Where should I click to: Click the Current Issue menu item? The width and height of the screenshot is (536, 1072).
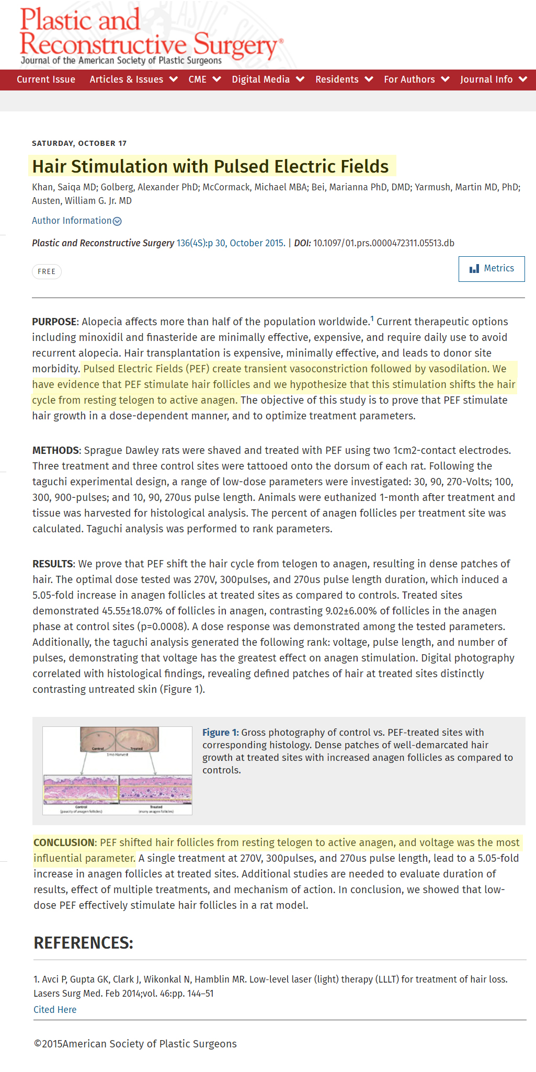tap(46, 79)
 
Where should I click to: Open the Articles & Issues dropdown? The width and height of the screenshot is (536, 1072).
tap(133, 79)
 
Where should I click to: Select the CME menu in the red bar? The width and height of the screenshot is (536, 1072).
tap(204, 79)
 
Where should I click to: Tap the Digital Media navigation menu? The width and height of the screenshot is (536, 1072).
tap(268, 79)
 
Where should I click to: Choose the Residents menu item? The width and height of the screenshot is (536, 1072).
tap(344, 79)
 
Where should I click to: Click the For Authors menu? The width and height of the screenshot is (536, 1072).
tap(416, 79)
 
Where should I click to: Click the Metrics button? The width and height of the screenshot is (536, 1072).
tap(492, 269)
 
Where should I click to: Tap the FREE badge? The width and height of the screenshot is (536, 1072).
tap(47, 272)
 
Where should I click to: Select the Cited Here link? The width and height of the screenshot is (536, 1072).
tap(55, 1010)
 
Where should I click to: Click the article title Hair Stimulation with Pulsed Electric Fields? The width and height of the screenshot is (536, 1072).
tap(210, 166)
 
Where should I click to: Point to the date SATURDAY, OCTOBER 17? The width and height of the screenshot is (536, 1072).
tap(79, 143)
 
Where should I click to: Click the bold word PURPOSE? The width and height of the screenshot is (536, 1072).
tap(54, 322)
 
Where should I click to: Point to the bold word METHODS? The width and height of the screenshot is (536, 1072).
tap(55, 450)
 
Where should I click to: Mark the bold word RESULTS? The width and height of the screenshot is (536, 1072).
tap(53, 564)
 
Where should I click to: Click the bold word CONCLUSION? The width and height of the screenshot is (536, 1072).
tap(64, 842)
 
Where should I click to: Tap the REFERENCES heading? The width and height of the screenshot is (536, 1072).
tap(83, 943)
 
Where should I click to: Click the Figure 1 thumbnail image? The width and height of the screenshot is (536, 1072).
tap(118, 770)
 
